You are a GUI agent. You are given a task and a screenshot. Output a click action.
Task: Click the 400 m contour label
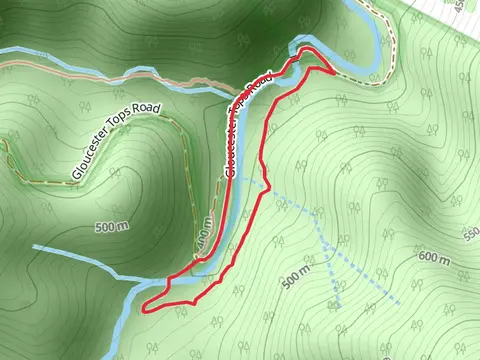(x=206, y=235)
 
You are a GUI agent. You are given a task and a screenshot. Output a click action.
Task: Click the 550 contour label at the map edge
(x=470, y=234)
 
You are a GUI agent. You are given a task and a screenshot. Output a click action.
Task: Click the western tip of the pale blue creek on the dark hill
(x=34, y=246)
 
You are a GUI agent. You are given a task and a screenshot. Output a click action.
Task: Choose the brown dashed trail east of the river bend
(x=396, y=55)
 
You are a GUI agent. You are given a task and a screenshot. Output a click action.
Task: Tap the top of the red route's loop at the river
(x=306, y=49)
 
